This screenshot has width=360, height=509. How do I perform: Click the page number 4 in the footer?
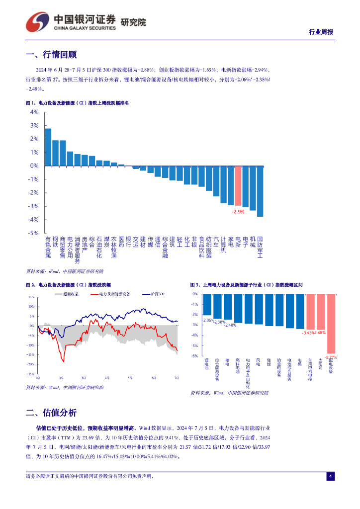click(x=329, y=476)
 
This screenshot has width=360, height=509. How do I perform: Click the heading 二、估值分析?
click(x=51, y=413)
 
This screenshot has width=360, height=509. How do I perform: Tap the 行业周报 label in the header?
click(x=321, y=32)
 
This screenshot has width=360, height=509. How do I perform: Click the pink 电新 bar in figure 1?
click(x=238, y=186)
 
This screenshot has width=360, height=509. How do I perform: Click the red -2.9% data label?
click(x=238, y=212)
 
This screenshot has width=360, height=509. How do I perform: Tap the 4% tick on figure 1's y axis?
click(x=34, y=112)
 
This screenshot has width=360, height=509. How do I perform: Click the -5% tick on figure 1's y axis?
click(x=34, y=233)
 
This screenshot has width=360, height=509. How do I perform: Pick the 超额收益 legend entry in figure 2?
click(x=66, y=294)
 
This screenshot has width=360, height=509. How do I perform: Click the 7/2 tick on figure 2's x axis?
click(x=177, y=378)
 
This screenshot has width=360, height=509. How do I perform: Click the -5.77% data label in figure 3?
click(x=331, y=357)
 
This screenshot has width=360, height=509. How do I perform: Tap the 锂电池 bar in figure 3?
click(x=207, y=304)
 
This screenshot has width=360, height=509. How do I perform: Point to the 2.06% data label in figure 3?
click(x=208, y=320)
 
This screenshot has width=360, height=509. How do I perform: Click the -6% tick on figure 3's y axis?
click(x=195, y=356)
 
